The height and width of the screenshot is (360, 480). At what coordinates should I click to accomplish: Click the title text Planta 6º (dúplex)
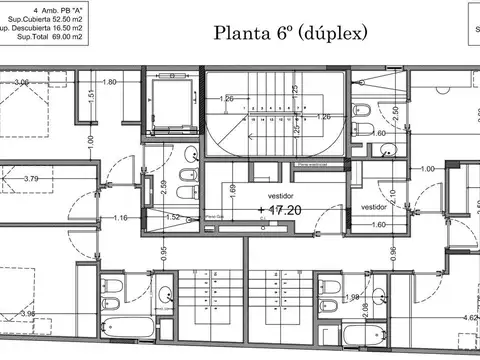point(291,32)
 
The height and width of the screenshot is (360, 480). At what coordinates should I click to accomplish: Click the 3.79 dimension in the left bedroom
point(31,180)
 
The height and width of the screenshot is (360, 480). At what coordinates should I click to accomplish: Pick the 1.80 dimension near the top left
point(110,81)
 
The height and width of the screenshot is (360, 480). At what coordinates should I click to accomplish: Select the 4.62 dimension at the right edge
point(470,319)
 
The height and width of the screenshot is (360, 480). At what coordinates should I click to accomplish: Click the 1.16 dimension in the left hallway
point(121,217)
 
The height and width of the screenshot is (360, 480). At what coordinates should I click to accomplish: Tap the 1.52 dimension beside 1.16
point(171,217)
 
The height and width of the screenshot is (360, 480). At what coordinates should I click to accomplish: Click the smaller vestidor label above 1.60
point(374,207)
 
